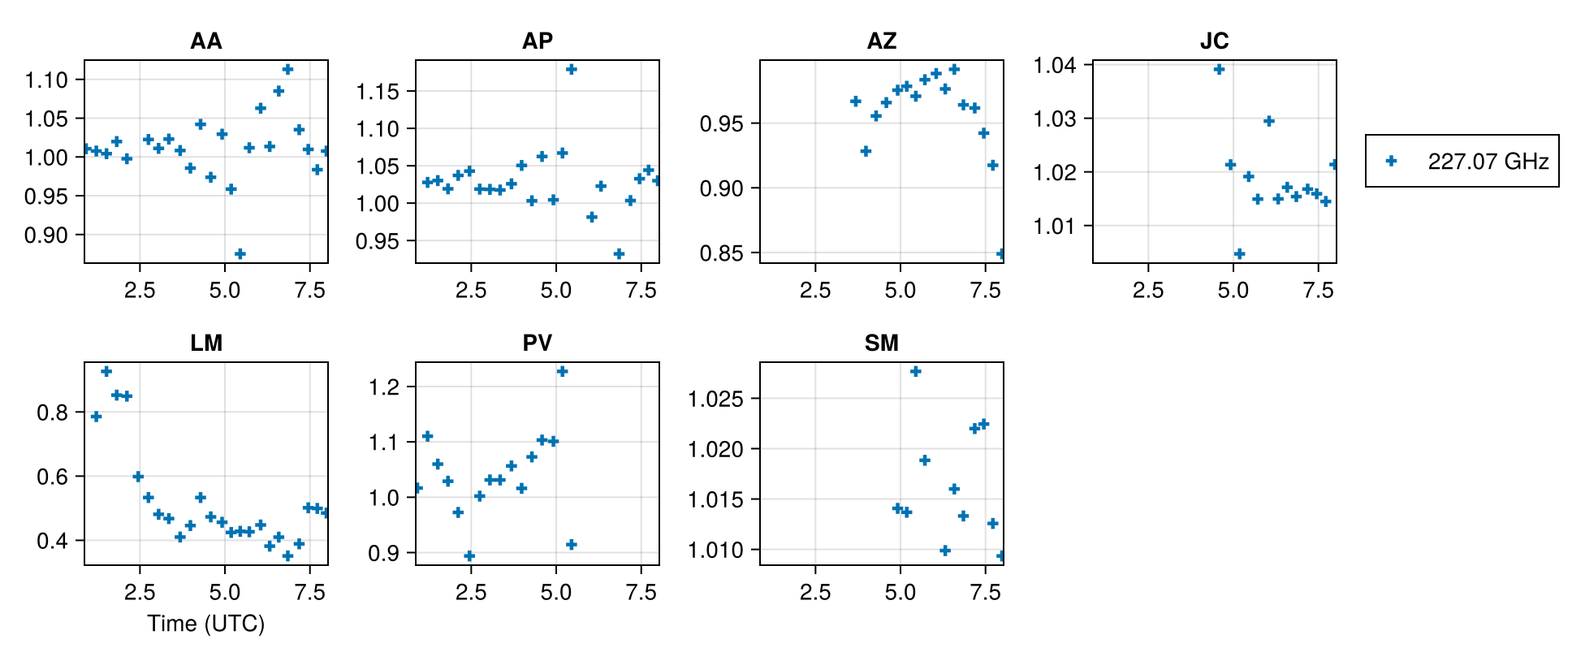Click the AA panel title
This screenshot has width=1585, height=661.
[205, 41]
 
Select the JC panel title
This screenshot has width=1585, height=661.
[1214, 41]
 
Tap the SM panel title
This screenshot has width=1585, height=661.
[881, 343]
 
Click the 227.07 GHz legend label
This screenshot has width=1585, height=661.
[1488, 162]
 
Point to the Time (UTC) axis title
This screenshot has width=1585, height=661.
[205, 624]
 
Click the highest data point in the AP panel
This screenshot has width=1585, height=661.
[572, 70]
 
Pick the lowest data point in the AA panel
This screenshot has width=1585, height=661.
[240, 254]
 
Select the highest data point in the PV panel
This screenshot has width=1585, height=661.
[562, 372]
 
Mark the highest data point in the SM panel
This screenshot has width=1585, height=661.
[916, 372]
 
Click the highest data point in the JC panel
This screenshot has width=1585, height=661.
[1219, 70]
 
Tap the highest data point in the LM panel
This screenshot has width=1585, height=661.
[106, 372]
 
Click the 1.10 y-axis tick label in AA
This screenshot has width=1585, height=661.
[46, 80]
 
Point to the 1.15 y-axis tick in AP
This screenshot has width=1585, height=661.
[378, 92]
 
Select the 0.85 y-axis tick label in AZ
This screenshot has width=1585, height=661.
[722, 253]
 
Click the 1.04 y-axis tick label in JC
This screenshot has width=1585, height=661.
[1055, 65]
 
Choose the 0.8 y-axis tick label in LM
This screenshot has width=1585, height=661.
[53, 413]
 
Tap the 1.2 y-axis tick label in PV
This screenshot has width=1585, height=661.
[384, 387]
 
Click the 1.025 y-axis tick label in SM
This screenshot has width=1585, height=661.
[715, 399]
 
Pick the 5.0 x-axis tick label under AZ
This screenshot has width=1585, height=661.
[900, 291]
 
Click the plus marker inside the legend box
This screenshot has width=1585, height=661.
[1391, 161]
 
